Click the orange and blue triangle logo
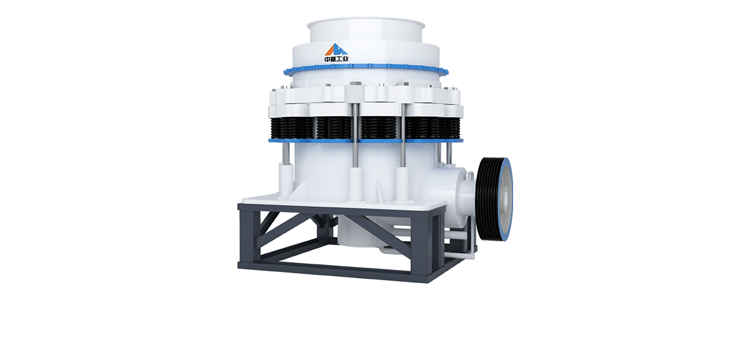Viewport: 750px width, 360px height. (x=336, y=49)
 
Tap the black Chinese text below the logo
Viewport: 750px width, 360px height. (x=336, y=59)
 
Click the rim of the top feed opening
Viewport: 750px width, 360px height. (x=366, y=24)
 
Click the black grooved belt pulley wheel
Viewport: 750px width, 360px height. (x=494, y=199)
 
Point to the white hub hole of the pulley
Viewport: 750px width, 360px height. (x=505, y=199)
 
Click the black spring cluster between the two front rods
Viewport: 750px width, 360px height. (x=379, y=127)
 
